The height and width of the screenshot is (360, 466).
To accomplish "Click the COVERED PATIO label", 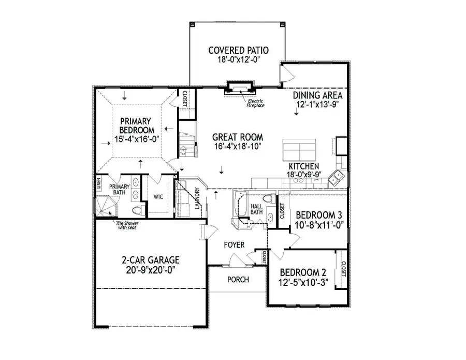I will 238,50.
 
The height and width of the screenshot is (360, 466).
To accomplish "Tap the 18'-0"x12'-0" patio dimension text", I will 238,60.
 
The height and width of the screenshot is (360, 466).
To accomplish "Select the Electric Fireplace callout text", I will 255,103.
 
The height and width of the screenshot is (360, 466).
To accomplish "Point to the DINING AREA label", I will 317,95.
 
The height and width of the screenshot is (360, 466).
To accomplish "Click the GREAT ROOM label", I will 238,137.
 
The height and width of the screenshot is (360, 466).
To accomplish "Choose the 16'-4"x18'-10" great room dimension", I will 238,147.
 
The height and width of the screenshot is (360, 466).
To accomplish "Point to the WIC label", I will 158,197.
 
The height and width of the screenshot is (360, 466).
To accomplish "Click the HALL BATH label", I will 257,209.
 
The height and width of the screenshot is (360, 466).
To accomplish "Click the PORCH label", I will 238,280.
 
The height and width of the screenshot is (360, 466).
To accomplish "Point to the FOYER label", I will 234,244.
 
